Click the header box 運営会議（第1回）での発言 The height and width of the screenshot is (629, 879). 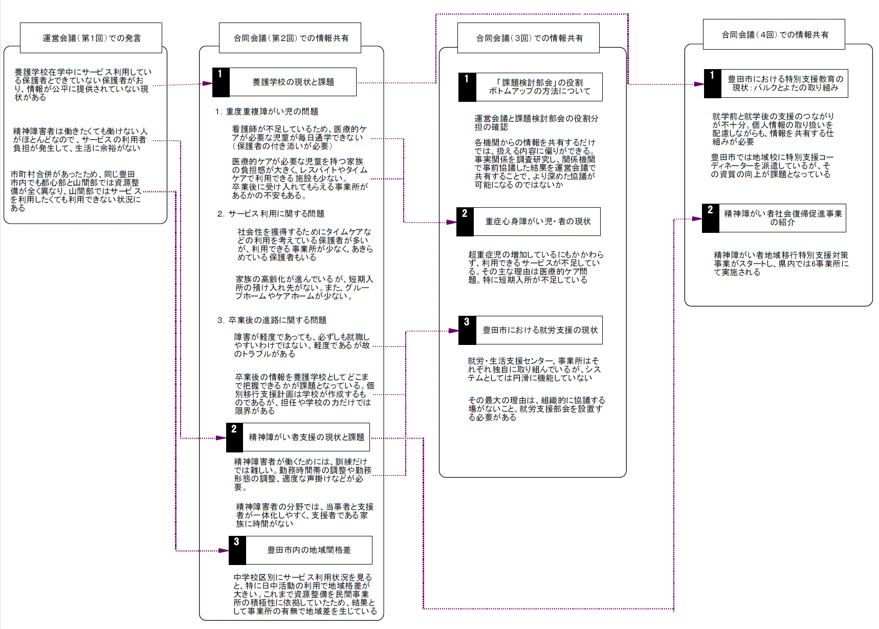pyautogui.click(x=91, y=38)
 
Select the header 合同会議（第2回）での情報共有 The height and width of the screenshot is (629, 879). pyautogui.click(x=290, y=38)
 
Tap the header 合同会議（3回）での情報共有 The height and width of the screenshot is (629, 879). pyautogui.click(x=529, y=38)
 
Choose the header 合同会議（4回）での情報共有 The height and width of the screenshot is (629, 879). pyautogui.click(x=774, y=34)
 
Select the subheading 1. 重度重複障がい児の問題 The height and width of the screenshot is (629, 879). pyautogui.click(x=267, y=112)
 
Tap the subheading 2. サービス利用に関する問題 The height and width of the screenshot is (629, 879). pyautogui.click(x=270, y=214)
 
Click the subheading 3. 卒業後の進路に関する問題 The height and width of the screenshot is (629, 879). pyautogui.click(x=271, y=320)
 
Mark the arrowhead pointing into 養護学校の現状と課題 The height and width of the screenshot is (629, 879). pyautogui.click(x=207, y=83)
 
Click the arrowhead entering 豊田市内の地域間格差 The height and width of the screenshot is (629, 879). pyautogui.click(x=224, y=551)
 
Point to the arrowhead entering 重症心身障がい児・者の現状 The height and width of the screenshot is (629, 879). pyautogui.click(x=451, y=222)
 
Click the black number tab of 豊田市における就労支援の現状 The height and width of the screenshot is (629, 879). pyautogui.click(x=467, y=330)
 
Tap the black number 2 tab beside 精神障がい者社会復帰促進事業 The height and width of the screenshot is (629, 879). pyautogui.click(x=711, y=218)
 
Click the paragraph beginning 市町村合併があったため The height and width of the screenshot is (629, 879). pyautogui.click(x=76, y=191)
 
